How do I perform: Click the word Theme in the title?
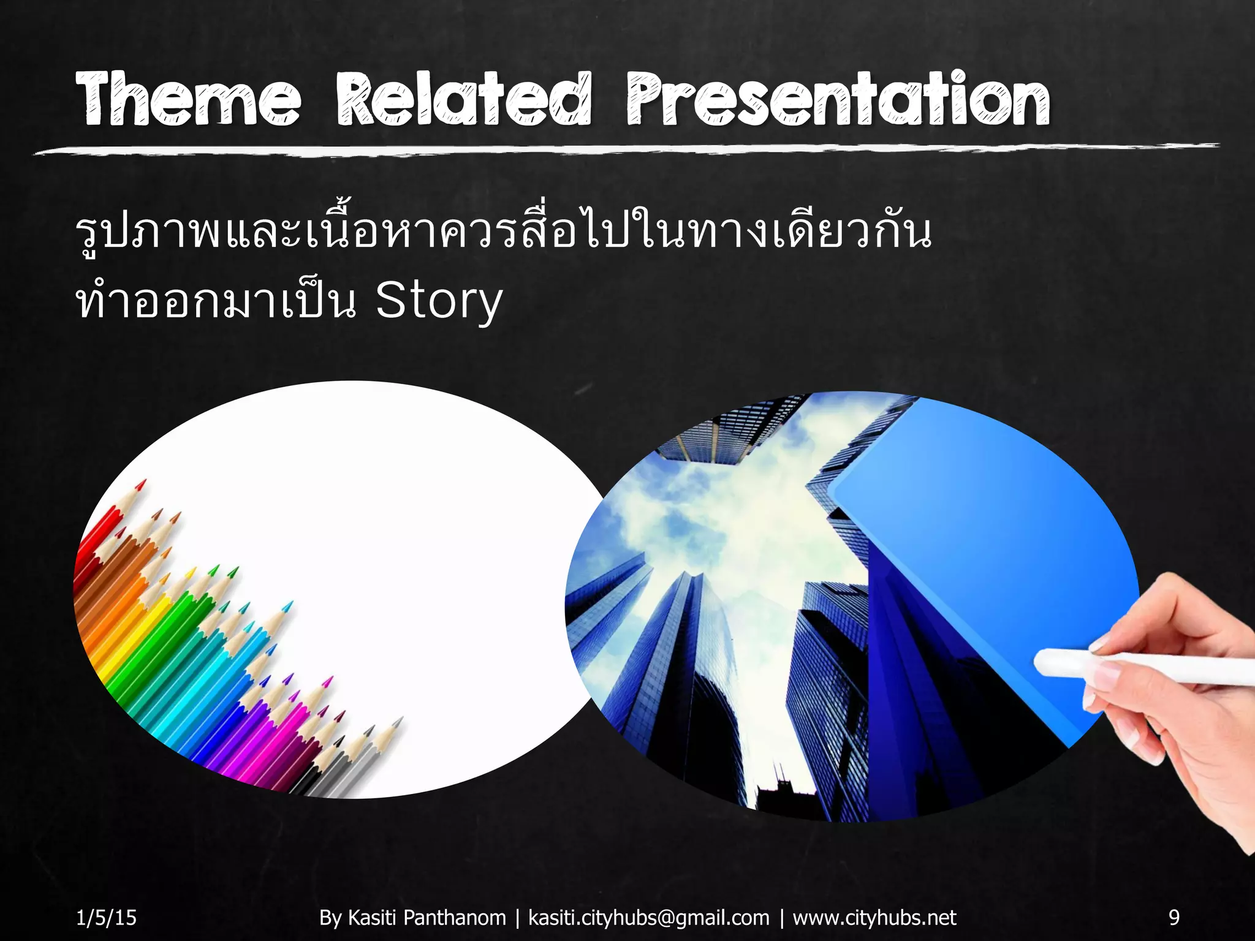[x=189, y=99]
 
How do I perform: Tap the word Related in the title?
[x=464, y=99]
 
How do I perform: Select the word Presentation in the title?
[x=838, y=99]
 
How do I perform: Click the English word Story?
[x=439, y=301]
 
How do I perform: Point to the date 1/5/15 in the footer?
[x=106, y=917]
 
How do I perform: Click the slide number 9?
[x=1174, y=917]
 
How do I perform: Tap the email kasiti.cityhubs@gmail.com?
[x=648, y=917]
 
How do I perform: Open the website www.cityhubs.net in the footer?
[x=874, y=917]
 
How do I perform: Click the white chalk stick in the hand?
[x=1140, y=668]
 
